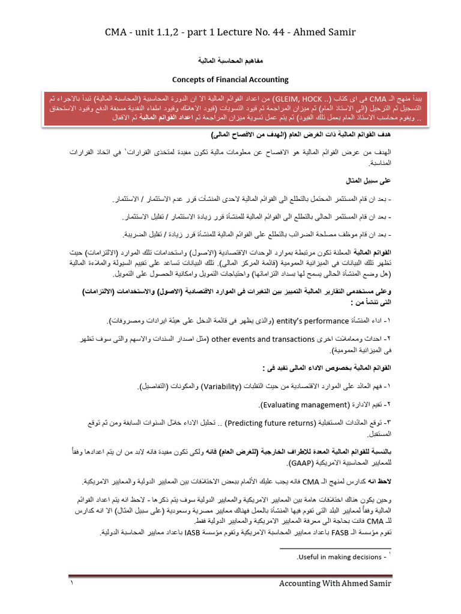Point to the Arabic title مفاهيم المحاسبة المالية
(x=230, y=61)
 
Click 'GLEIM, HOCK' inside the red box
(x=291, y=97)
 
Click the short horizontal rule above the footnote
(x=337, y=548)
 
